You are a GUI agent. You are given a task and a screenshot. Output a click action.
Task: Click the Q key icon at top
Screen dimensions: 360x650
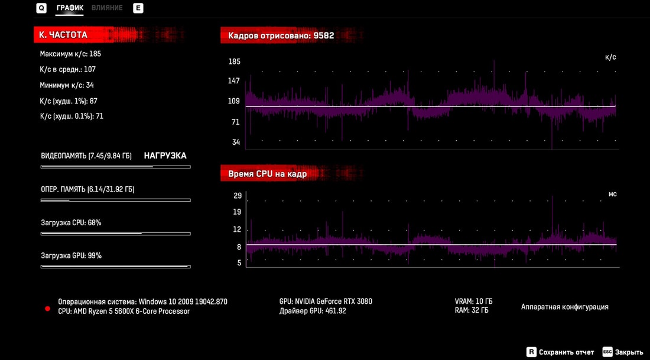coord(41,8)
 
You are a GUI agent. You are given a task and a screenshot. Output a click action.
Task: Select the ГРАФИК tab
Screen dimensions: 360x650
coord(70,8)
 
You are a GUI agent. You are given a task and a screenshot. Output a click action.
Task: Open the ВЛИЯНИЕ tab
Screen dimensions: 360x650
coord(107,8)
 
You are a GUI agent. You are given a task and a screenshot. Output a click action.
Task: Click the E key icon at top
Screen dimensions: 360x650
coord(138,8)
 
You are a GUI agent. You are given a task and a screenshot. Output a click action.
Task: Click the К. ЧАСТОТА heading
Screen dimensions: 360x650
coord(63,35)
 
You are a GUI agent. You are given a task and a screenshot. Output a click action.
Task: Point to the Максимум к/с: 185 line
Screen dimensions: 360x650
coord(70,54)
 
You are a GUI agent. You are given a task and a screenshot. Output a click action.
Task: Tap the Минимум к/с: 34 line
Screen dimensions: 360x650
coord(67,85)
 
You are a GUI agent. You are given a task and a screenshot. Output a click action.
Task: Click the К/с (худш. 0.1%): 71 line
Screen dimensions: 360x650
coord(71,116)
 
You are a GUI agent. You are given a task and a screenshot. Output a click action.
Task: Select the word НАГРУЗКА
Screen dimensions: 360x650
coord(165,156)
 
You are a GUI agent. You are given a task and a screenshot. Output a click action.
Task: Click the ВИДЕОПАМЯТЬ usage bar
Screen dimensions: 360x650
coord(115,167)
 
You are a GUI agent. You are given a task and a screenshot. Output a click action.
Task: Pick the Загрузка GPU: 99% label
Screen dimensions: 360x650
coord(71,256)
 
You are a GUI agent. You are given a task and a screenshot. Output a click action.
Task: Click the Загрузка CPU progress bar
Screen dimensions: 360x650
coord(115,233)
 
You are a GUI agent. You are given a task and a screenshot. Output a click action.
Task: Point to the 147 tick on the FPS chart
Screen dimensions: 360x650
coord(234,80)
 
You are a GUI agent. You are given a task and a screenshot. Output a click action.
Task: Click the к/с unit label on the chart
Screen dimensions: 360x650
coord(610,57)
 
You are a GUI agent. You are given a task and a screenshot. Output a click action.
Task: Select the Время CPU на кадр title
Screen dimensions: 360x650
coord(267,174)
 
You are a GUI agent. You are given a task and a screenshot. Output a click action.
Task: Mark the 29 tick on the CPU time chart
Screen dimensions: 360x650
coord(238,196)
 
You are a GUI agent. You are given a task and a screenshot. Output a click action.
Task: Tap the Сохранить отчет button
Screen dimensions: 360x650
coord(566,352)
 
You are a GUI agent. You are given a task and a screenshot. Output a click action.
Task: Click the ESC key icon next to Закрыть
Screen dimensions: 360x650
coord(607,352)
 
